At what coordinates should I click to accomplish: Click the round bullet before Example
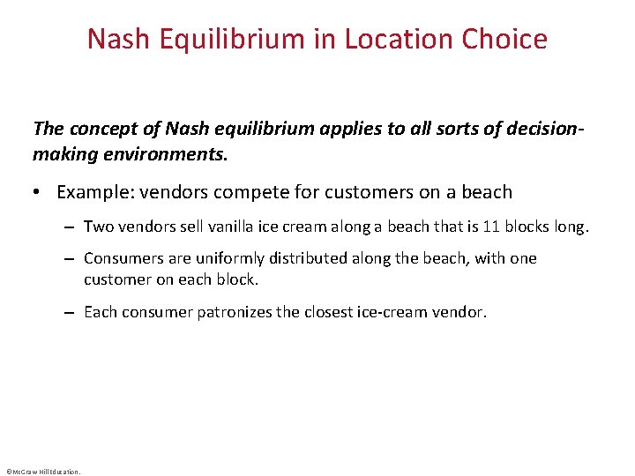point(41,192)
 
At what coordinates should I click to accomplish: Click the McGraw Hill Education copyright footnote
point(42,471)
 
